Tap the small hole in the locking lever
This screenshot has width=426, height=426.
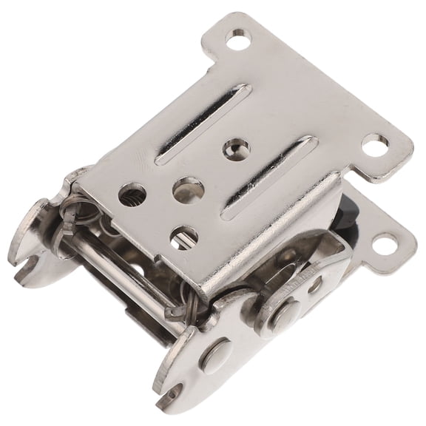click(317, 283)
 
